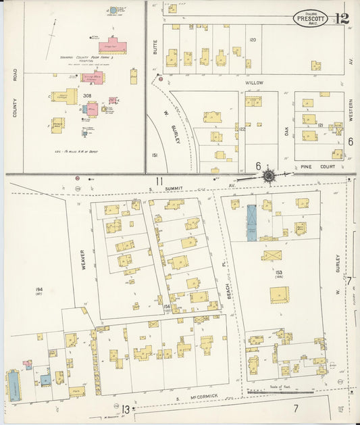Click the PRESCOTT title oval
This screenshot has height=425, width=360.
point(311,18)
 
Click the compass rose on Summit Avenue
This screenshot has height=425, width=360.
point(269,176)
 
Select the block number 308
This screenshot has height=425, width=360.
point(87,96)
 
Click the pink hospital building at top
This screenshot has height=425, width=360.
point(113,47)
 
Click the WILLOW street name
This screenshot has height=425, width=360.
point(255,82)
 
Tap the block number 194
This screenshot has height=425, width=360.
point(39,289)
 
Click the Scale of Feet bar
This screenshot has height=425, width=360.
point(280,391)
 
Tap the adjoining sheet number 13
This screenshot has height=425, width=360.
point(126,409)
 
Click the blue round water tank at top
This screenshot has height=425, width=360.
point(113,11)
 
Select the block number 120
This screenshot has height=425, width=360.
point(253,40)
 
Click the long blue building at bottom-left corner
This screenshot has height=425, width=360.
point(14,386)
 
